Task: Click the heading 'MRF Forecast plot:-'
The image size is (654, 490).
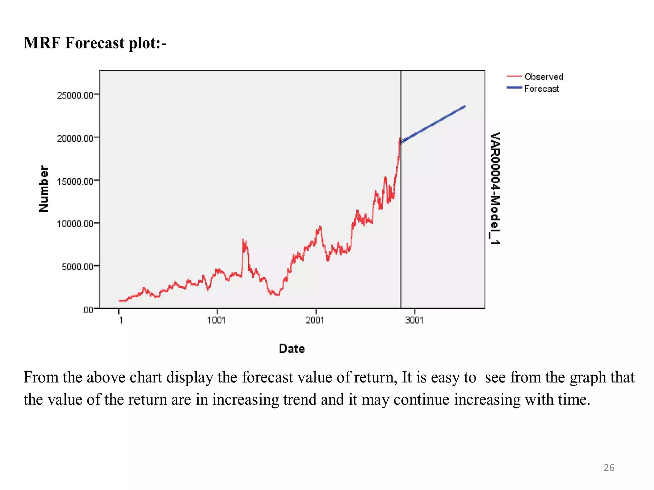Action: (95, 43)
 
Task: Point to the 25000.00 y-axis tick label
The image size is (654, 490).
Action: (75, 95)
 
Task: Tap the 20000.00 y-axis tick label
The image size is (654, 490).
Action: (75, 138)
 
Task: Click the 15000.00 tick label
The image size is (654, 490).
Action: (75, 181)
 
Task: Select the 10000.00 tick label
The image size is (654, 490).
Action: (75, 224)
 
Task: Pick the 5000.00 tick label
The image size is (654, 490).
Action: (78, 266)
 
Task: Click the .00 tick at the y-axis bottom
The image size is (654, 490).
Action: (87, 310)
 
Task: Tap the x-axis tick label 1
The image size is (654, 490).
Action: (121, 320)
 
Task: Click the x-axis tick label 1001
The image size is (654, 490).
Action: (217, 320)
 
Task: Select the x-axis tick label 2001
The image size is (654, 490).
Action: (315, 320)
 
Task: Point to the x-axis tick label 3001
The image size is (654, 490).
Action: (414, 320)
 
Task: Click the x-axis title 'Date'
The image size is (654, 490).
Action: (292, 348)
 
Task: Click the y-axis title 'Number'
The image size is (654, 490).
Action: (44, 189)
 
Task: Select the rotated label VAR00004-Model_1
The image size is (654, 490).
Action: (495, 189)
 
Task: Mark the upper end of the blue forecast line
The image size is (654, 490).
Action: (465, 107)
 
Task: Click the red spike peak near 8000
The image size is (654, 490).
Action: (243, 239)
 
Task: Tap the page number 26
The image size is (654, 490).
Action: (609, 468)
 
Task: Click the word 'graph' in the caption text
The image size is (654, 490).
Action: (588, 377)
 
